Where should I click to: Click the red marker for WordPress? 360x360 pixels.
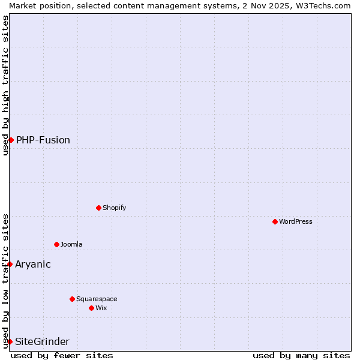pyautogui.click(x=275, y=221)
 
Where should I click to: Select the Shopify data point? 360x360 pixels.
pyautogui.click(x=99, y=208)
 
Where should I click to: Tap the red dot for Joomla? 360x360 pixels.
pyautogui.click(x=57, y=244)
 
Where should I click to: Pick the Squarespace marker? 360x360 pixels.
pyautogui.click(x=73, y=299)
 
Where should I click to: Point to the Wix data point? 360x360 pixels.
pyautogui.click(x=92, y=308)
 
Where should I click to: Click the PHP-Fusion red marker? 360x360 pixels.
pyautogui.click(x=11, y=140)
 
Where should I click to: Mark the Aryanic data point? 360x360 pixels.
pyautogui.click(x=10, y=264)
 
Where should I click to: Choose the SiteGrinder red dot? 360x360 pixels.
pyautogui.click(x=10, y=341)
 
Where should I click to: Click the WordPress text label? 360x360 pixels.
pyautogui.click(x=296, y=221)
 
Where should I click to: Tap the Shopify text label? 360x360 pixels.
pyautogui.click(x=114, y=208)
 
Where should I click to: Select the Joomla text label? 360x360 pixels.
pyautogui.click(x=71, y=244)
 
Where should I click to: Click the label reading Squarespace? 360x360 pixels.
pyautogui.click(x=97, y=299)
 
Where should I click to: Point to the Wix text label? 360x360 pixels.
pyautogui.click(x=101, y=308)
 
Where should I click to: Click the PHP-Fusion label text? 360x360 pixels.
pyautogui.click(x=43, y=140)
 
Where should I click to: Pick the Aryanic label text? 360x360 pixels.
pyautogui.click(x=33, y=264)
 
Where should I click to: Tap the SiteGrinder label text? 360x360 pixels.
pyautogui.click(x=42, y=341)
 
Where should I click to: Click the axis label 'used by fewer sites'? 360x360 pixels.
pyautogui.click(x=62, y=355)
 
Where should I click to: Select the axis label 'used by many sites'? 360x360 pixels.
pyautogui.click(x=301, y=355)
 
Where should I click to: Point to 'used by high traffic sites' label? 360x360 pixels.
pyautogui.click(x=5, y=85)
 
